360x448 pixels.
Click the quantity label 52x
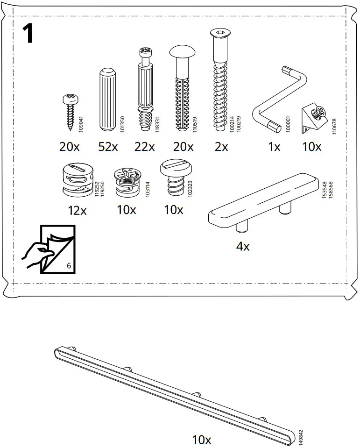tap(108, 147)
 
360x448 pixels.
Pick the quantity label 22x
tap(144, 147)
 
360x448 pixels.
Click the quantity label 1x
tap(274, 147)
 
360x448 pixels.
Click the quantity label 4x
tap(243, 246)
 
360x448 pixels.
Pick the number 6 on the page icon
tap(69, 266)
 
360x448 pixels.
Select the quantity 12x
tap(77, 210)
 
